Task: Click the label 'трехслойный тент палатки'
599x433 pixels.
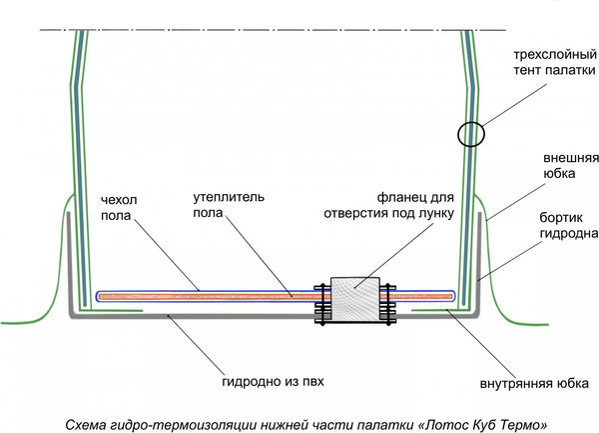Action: click(546, 62)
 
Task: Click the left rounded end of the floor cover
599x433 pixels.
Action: click(96, 296)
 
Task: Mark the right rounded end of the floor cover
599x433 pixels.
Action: click(455, 296)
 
